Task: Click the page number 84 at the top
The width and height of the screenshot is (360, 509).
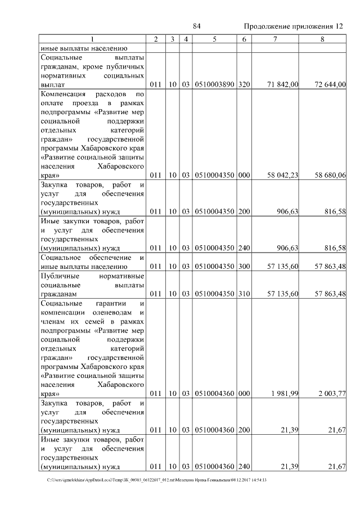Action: pyautogui.click(x=197, y=26)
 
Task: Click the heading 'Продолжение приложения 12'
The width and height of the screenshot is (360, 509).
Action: pyautogui.click(x=293, y=26)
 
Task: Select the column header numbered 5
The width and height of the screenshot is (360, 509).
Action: pyautogui.click(x=214, y=39)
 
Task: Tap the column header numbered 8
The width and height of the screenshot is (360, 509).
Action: pyautogui.click(x=322, y=39)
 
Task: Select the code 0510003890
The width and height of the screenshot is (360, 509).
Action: pyautogui.click(x=214, y=84)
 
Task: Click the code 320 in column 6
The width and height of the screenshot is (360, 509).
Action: pyautogui.click(x=244, y=84)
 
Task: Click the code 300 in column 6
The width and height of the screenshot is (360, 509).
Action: pyautogui.click(x=244, y=266)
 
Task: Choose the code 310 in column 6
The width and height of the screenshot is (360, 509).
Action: pyautogui.click(x=244, y=294)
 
